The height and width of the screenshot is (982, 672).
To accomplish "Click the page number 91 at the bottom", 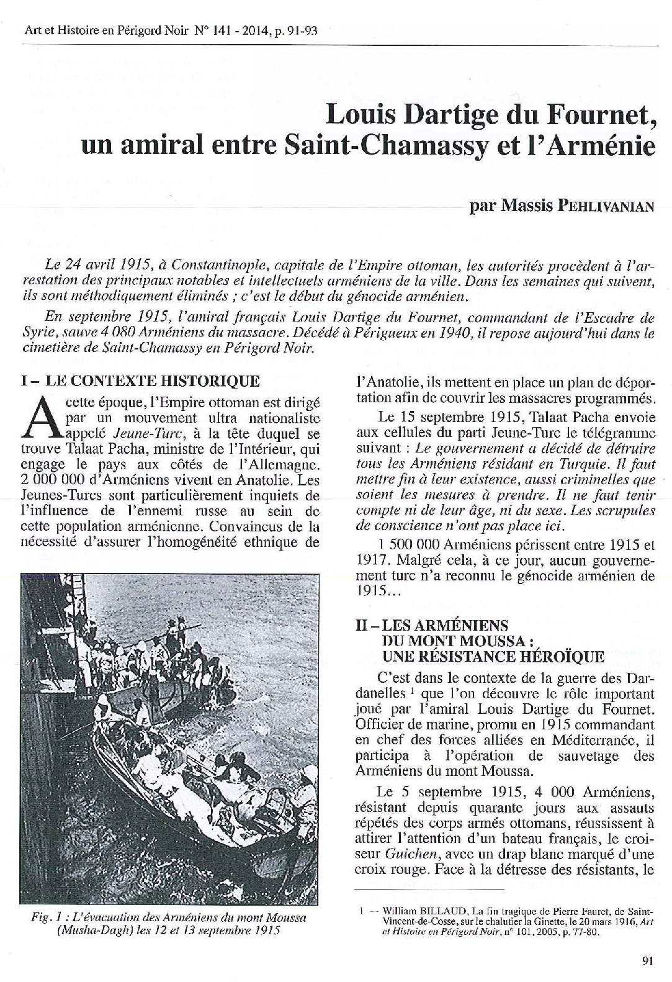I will coord(648,961).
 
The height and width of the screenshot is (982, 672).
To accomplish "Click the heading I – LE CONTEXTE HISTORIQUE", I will coord(140,380).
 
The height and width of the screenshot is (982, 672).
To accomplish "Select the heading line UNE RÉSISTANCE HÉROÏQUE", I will coord(493,656).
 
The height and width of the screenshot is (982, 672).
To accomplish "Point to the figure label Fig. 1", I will coord(46,917).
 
